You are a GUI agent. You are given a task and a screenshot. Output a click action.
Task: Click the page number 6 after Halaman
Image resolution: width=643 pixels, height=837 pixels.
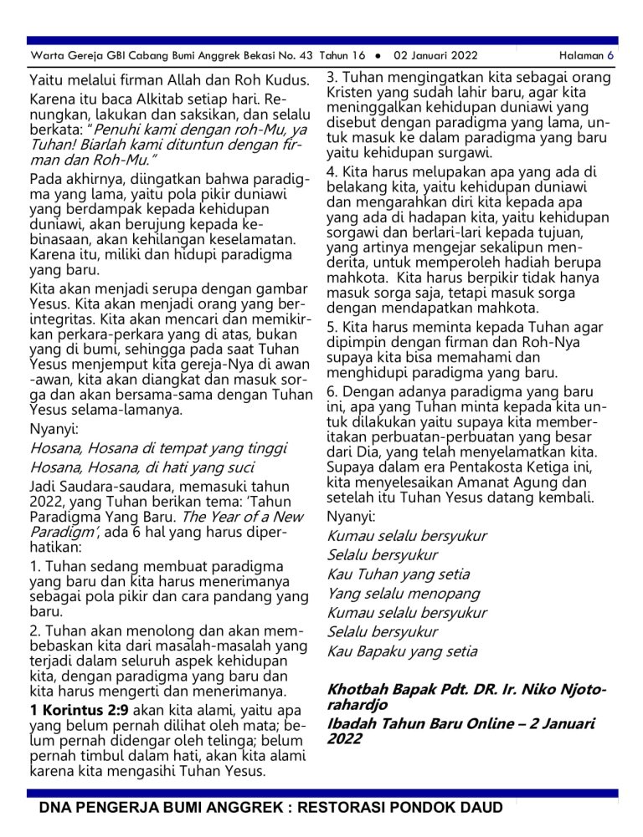click(611, 56)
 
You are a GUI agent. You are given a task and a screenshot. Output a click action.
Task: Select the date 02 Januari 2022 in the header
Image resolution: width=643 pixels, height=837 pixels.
click(435, 56)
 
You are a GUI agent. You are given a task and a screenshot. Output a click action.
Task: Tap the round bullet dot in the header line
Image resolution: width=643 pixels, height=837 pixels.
click(378, 56)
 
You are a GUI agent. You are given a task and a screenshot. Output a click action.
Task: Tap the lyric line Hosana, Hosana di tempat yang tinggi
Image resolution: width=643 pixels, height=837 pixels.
click(158, 449)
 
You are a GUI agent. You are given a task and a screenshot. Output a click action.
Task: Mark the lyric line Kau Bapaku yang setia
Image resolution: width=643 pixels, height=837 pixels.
click(402, 651)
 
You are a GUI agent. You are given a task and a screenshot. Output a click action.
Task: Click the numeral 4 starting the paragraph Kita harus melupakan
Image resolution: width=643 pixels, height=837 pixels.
click(332, 171)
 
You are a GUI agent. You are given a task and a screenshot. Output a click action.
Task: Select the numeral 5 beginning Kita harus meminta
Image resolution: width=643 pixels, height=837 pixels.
click(332, 327)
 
